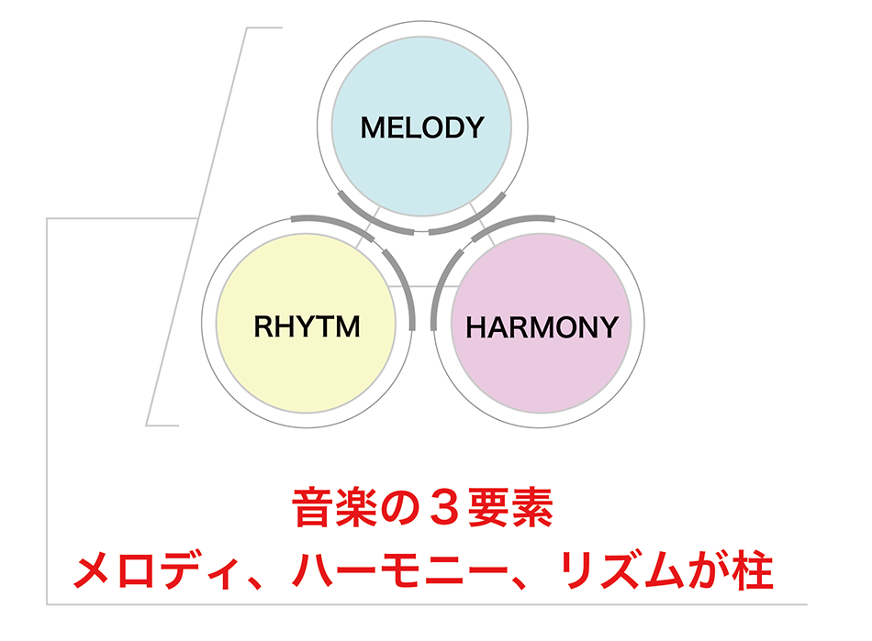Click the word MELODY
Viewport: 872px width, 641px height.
422,127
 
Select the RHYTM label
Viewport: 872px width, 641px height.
307,326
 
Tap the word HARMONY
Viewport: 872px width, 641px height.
542,327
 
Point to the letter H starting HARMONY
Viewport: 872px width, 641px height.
476,327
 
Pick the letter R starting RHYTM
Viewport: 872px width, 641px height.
263,326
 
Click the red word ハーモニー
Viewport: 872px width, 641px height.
400,570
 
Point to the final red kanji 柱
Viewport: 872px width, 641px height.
753,570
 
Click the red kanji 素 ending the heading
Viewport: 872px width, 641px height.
532,506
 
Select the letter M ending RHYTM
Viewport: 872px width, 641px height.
348,326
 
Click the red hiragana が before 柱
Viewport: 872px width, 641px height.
708,570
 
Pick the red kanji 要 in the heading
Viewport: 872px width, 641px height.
489,506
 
